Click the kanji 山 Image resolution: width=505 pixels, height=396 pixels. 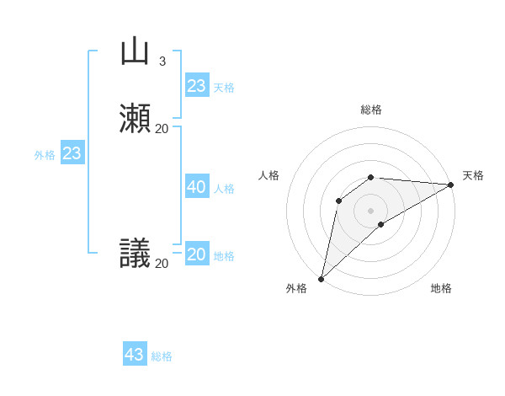[x=135, y=51]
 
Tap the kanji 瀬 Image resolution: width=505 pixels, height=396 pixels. [x=135, y=119]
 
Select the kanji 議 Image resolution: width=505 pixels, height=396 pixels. [x=135, y=254]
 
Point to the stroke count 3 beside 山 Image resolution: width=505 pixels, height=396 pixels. [x=162, y=61]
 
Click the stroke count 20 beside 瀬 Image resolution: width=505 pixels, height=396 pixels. [x=162, y=128]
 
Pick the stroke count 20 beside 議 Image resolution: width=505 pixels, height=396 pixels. [x=162, y=263]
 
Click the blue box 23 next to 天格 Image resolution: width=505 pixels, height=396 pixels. [x=196, y=85]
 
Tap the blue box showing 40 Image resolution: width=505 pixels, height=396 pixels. [x=196, y=187]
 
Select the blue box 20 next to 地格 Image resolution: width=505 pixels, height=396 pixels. [x=196, y=254]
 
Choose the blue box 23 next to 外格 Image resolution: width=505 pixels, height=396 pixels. [x=72, y=153]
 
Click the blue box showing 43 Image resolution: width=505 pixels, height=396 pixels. [x=135, y=355]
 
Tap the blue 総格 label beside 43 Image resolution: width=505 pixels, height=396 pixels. [x=162, y=356]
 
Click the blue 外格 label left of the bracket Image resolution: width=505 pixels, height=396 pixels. [x=45, y=155]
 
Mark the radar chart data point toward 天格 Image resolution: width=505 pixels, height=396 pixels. [x=450, y=185]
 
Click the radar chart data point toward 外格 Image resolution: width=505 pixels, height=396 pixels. [x=321, y=278]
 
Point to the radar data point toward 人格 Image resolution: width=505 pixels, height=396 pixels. [x=338, y=200]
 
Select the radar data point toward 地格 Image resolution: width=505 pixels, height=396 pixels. [x=381, y=224]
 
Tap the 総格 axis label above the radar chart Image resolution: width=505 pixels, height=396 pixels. [x=371, y=110]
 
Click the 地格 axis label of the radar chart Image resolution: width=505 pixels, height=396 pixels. [x=441, y=288]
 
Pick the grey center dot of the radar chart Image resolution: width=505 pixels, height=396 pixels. [x=371, y=210]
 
